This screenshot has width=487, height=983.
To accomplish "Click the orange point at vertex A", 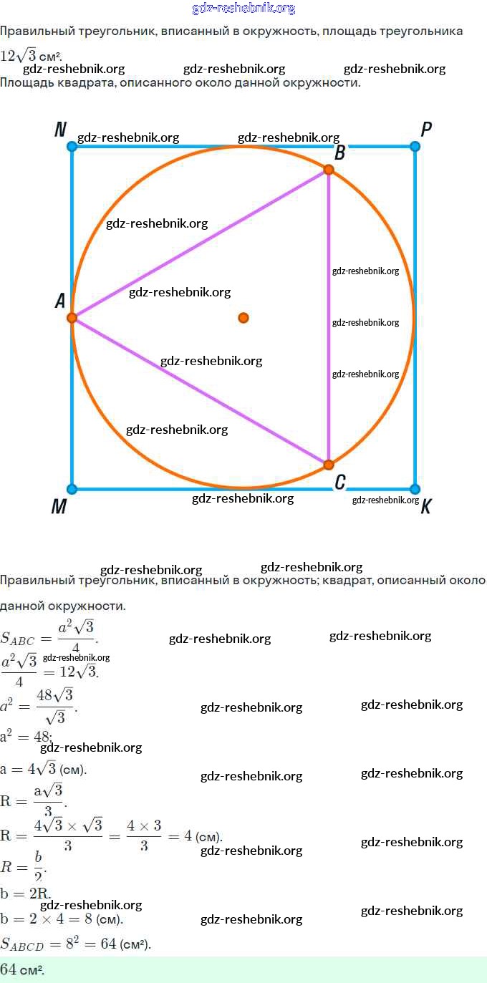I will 72,317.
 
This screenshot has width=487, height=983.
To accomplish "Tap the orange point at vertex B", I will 329,170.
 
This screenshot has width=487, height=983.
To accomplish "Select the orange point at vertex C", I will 329,465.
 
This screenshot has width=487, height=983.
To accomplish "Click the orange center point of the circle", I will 243,317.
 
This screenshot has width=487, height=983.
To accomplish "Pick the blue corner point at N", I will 72,147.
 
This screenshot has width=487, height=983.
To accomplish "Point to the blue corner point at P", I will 415,147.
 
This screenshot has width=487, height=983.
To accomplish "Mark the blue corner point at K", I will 415,489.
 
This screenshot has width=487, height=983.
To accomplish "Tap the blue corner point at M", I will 72,489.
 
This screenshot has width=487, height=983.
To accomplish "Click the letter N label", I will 60,130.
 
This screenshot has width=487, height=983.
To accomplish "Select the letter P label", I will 426,130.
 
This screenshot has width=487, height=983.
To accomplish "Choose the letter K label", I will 426,506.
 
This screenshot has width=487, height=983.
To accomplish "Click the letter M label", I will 59,506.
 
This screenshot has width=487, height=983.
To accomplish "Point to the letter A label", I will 60,301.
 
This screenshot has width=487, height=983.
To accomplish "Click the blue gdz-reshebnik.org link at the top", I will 243,9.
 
